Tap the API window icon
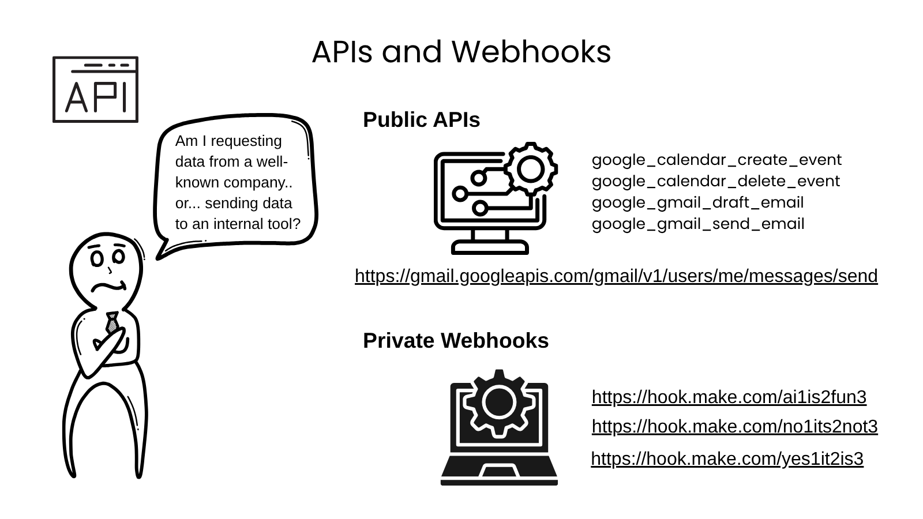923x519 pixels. point(95,89)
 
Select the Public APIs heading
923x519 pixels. point(421,120)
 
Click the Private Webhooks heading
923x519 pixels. point(456,341)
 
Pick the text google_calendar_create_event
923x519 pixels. point(716,160)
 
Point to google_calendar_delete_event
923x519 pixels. point(715,181)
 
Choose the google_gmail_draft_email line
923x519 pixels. point(697,202)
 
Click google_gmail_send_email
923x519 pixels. point(698,224)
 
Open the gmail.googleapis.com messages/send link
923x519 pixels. point(616,276)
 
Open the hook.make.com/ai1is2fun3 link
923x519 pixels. point(729,397)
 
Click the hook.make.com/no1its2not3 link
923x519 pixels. point(734,427)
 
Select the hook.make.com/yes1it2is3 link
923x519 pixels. point(727,459)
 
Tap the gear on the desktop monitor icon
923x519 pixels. point(530,169)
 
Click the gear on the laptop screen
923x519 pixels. point(499,403)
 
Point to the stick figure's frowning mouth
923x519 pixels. point(110,286)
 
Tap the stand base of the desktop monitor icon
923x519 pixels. point(490,249)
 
